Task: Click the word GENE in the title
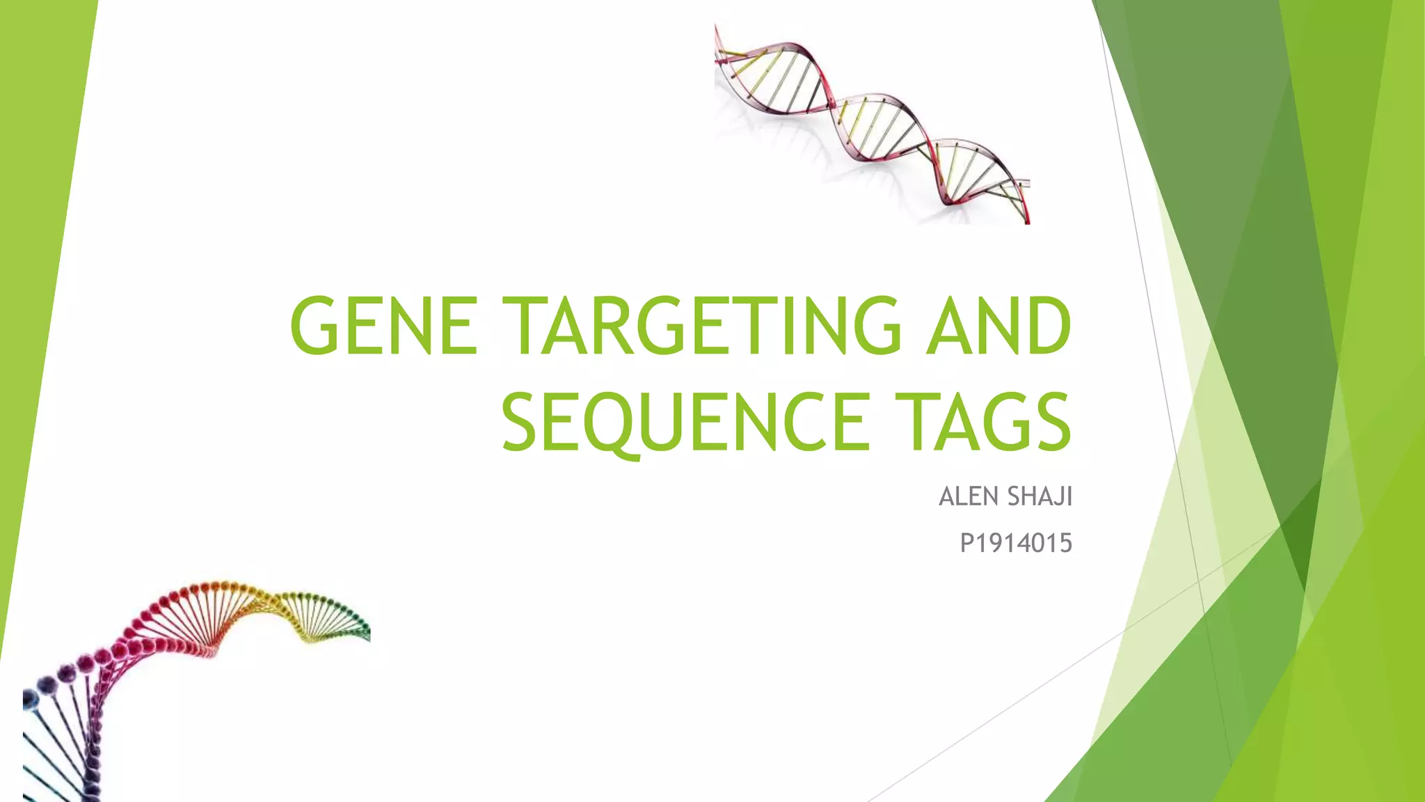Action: (x=384, y=325)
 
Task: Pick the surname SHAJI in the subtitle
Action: (x=1040, y=496)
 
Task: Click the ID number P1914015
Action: (x=1016, y=543)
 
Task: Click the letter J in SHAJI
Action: (x=1058, y=497)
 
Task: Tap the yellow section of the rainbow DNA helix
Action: (x=292, y=613)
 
